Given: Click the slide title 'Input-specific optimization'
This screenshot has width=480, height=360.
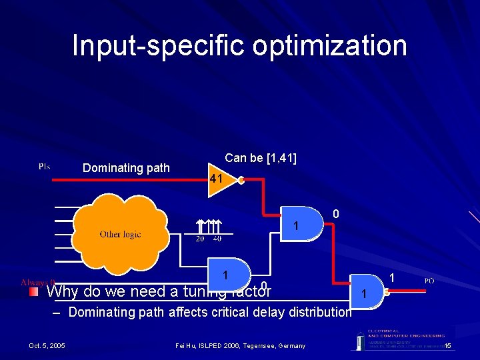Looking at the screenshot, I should click(239, 46).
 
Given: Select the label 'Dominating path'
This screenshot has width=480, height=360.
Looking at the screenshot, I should click(126, 168).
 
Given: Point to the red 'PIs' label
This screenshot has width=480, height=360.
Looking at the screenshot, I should click(44, 166).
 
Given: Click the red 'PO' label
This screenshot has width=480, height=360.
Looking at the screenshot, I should click(429, 281).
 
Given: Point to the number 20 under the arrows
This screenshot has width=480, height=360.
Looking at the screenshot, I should click(200, 239).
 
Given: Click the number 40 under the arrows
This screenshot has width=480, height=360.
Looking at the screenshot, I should click(217, 239).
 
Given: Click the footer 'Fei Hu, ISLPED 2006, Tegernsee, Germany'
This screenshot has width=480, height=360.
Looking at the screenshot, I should click(240, 345).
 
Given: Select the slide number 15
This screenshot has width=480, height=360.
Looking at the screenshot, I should click(449, 345).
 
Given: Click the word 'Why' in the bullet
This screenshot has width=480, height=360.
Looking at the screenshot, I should click(63, 292).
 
